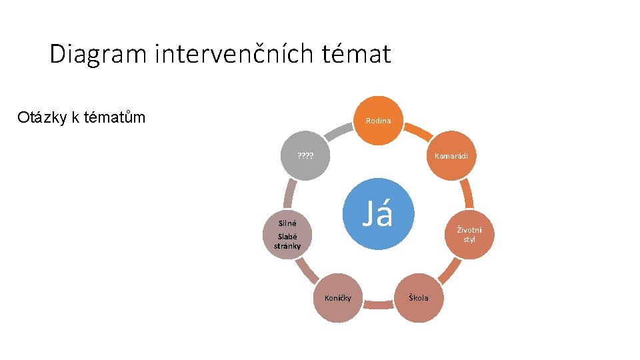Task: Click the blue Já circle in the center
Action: coord(379,214)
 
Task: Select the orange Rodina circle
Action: coord(379,121)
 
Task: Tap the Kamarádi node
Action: coord(451,155)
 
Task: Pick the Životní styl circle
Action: coord(469,235)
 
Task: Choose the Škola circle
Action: coord(419,298)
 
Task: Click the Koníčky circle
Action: coord(338,298)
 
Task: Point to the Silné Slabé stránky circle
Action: coord(287,235)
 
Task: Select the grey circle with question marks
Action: coord(305,155)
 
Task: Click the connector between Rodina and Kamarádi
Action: coord(418,132)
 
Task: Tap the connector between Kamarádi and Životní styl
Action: coord(468,194)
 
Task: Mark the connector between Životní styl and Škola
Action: coord(449,271)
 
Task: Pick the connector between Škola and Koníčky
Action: coord(379,305)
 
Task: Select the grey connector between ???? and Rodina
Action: coord(339,132)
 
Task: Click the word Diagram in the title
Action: coord(98,54)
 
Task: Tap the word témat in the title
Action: coord(356,53)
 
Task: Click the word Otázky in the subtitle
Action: coord(42,117)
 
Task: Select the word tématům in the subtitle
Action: coord(115,117)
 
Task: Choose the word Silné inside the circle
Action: coord(287,223)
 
